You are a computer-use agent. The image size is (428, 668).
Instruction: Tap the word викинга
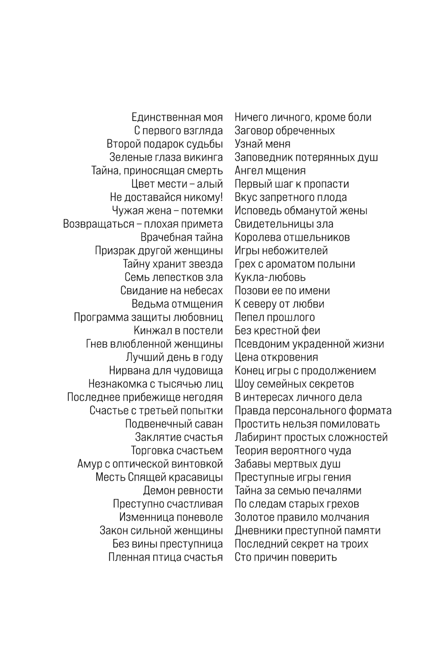point(203,157)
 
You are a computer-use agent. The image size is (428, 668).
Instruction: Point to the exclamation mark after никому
point(221,197)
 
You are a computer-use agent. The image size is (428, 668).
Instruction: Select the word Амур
point(89,464)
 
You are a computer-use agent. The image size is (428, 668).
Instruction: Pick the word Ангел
point(248,171)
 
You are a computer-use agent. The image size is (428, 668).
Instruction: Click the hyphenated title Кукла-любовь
point(270,277)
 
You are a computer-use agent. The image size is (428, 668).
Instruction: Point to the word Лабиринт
point(258,437)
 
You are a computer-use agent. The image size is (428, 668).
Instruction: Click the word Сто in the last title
point(243,557)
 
